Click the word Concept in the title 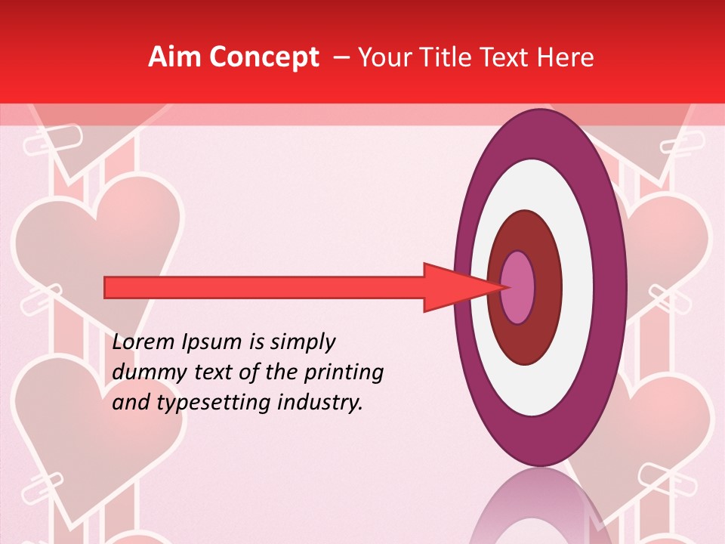[264, 57]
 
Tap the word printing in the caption [343, 373]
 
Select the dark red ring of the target [548, 287]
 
